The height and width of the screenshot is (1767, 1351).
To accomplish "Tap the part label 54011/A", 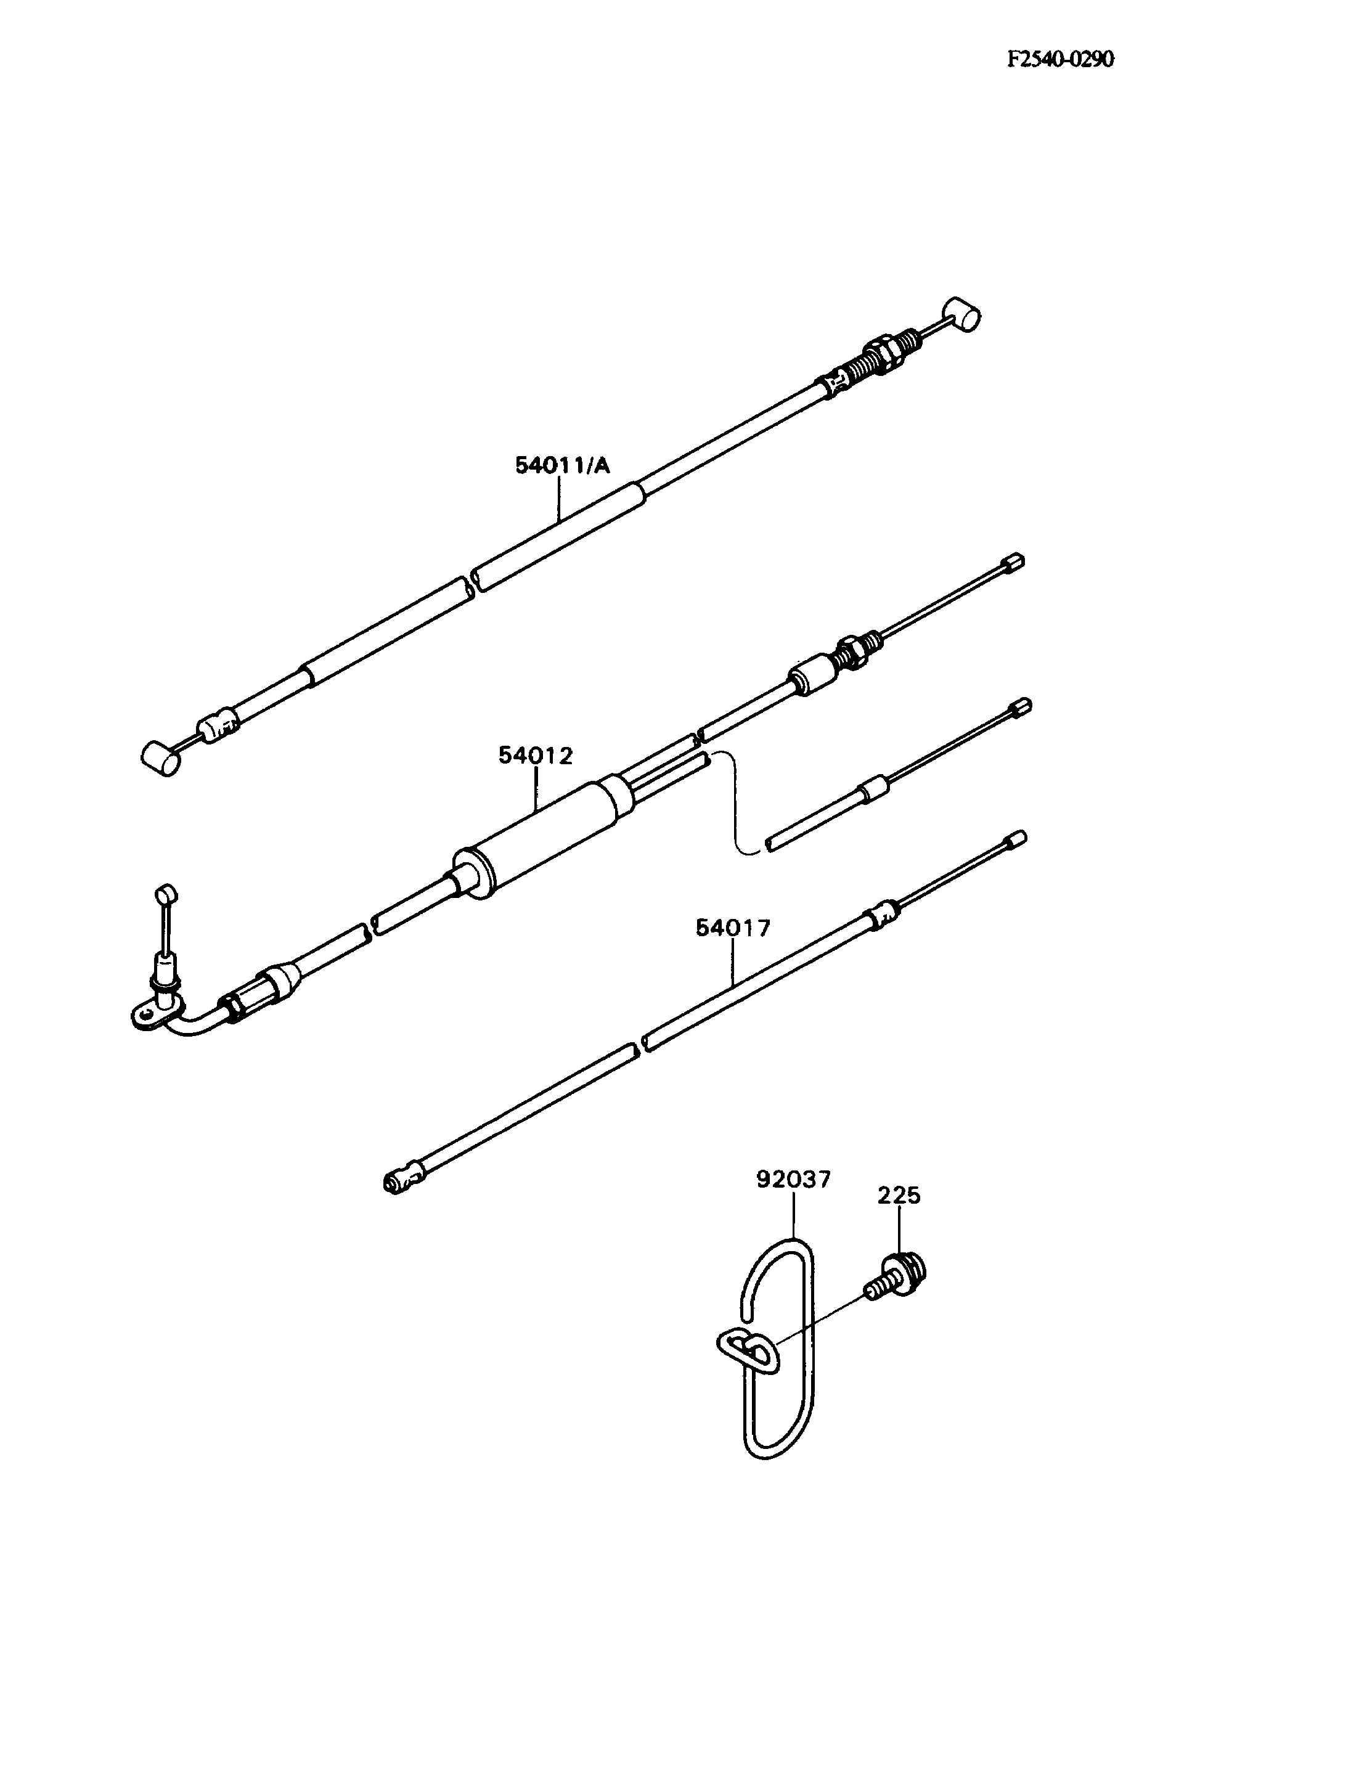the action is point(562,466).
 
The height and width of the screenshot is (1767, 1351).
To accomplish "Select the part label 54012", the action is point(536,756).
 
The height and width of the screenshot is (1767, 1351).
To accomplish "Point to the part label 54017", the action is point(733,928).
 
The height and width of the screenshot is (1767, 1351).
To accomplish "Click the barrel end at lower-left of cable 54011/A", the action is point(161,757).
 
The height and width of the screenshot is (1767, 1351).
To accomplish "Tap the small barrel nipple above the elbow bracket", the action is point(166,894).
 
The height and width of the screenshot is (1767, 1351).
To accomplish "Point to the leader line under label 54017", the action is point(733,963).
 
